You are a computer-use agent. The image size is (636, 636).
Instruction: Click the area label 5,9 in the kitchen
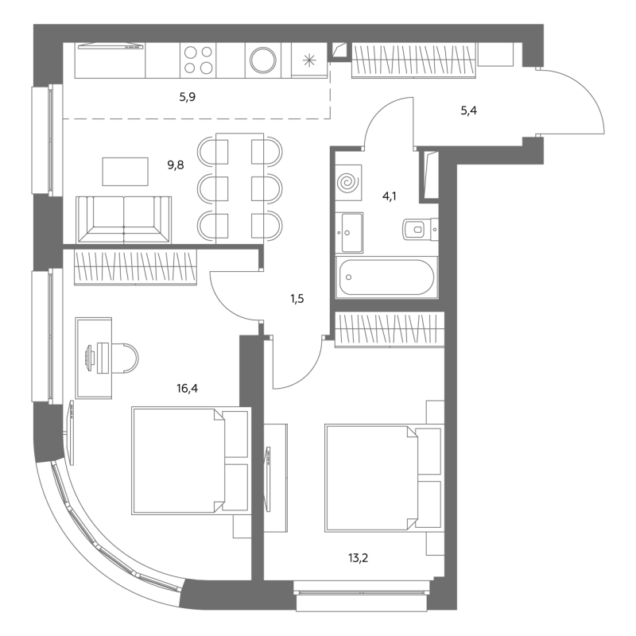tap(188, 97)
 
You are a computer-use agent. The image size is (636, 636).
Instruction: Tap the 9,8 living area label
tap(176, 165)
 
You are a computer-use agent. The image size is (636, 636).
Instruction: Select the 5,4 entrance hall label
tap(468, 111)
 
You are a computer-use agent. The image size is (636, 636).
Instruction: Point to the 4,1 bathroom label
tap(390, 196)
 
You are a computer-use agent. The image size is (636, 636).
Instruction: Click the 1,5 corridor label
tap(297, 299)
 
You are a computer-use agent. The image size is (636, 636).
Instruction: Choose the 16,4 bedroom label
tap(187, 389)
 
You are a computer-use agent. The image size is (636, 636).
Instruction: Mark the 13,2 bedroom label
tap(359, 558)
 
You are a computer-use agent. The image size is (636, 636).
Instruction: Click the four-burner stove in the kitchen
tap(198, 60)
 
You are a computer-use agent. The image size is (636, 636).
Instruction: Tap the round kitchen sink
tap(263, 60)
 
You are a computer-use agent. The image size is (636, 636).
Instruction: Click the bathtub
tap(386, 277)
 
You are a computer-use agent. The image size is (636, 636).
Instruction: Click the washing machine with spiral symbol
tap(348, 183)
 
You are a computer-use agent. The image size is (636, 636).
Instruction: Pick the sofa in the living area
tap(124, 220)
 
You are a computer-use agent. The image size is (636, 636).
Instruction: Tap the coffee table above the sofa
tap(125, 172)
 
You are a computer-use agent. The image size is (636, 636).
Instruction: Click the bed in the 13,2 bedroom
tap(383, 479)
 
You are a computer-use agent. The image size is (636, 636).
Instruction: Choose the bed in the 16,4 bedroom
tap(190, 461)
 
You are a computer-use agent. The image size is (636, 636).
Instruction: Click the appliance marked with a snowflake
tap(309, 60)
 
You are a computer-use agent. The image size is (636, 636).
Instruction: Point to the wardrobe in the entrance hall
tap(413, 60)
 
